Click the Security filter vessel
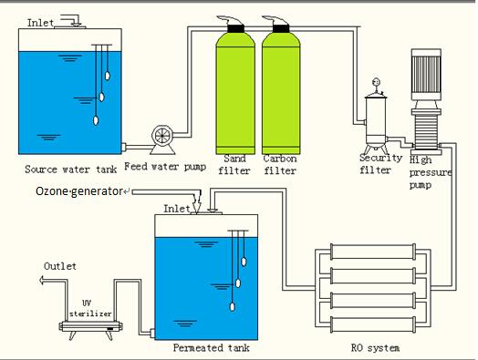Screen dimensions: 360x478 click(374, 122)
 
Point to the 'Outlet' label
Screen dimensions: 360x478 click(61, 265)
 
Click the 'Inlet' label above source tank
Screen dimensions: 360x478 click(40, 21)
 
